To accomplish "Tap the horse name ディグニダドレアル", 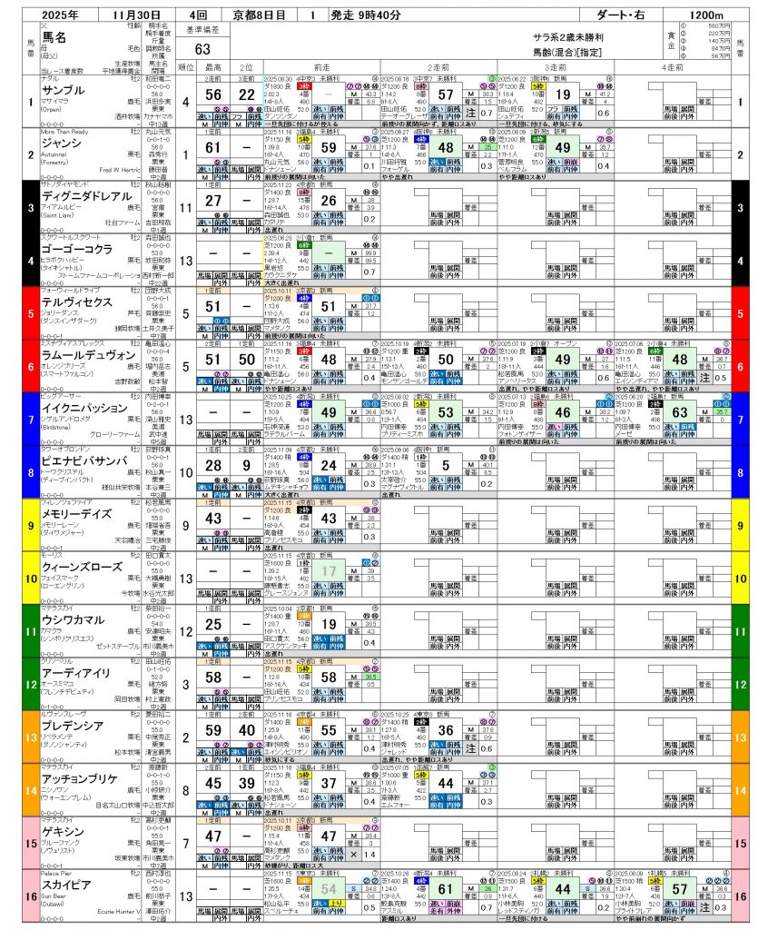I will coord(84,194).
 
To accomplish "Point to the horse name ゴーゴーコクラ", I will coord(76,247).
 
